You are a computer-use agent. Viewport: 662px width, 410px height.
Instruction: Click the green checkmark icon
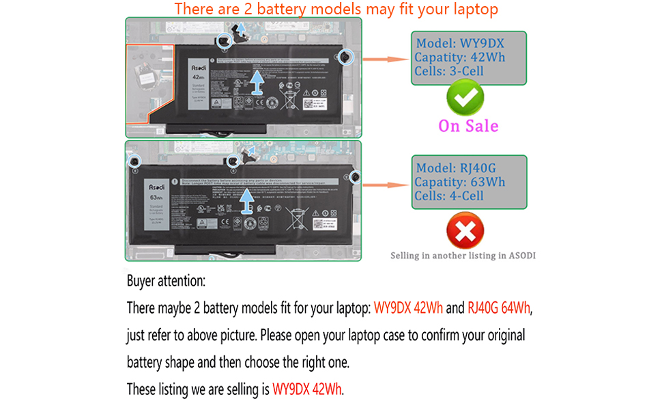pyautogui.click(x=465, y=98)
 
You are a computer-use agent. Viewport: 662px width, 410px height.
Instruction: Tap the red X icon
pyautogui.click(x=465, y=231)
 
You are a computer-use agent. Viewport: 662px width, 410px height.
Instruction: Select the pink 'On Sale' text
pyautogui.click(x=468, y=126)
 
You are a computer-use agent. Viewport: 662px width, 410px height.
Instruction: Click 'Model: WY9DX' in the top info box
pyautogui.click(x=460, y=43)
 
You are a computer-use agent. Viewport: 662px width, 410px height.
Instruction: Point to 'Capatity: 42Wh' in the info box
pyautogui.click(x=460, y=57)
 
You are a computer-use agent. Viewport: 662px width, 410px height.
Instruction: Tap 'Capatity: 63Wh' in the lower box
pyautogui.click(x=460, y=182)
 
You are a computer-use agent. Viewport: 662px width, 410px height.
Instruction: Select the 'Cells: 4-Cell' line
pyautogui.click(x=449, y=196)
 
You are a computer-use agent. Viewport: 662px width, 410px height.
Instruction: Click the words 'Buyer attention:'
pyautogui.click(x=166, y=281)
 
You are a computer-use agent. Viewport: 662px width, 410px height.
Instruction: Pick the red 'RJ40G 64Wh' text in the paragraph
pyautogui.click(x=499, y=308)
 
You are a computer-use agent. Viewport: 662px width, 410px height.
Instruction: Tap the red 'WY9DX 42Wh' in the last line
pyautogui.click(x=308, y=389)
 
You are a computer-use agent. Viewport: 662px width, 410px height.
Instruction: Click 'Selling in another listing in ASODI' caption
pyautogui.click(x=463, y=256)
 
